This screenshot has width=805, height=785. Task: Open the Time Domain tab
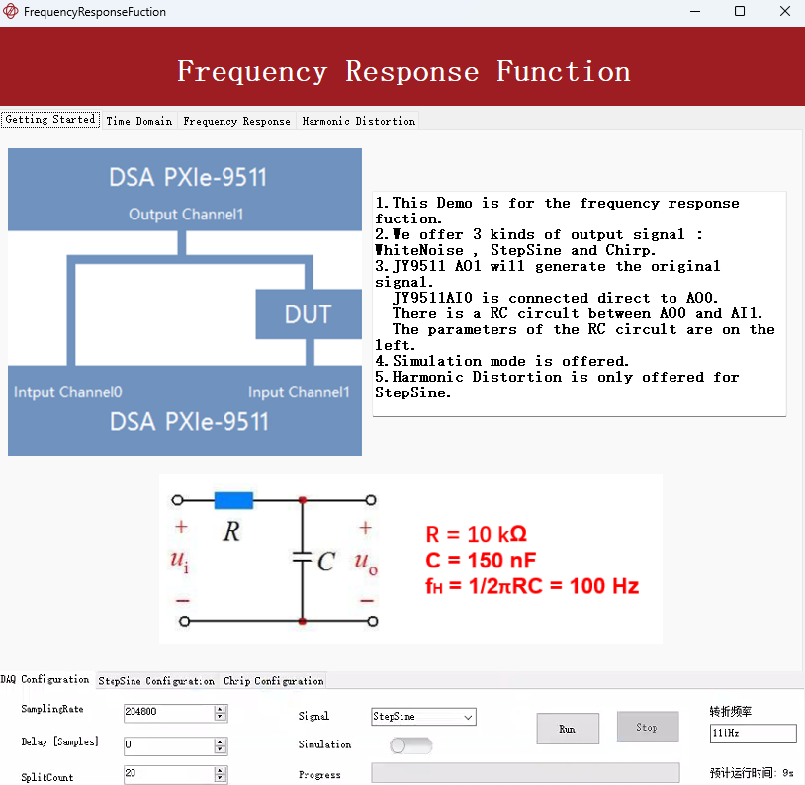tap(138, 121)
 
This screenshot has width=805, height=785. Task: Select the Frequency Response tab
tap(237, 121)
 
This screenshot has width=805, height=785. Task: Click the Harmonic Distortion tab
tap(358, 121)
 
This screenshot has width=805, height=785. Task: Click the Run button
tap(568, 729)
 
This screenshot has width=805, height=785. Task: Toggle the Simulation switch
tap(410, 744)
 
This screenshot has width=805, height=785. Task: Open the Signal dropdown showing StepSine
tap(423, 716)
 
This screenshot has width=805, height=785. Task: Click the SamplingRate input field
tap(168, 712)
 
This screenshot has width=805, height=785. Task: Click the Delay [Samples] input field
tap(168, 743)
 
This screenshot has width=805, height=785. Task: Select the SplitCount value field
tap(168, 775)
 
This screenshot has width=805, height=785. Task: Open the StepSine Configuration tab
tap(156, 681)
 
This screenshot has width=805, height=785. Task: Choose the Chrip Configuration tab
tap(273, 681)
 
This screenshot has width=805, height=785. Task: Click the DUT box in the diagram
tap(308, 314)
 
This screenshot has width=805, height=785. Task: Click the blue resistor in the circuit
tap(233, 500)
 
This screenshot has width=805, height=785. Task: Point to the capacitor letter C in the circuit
tap(326, 562)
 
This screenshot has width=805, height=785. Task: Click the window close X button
tap(785, 12)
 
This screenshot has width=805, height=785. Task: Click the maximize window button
tap(740, 12)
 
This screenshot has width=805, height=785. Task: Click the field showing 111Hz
tap(752, 734)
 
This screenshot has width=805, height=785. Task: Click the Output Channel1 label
tap(186, 215)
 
